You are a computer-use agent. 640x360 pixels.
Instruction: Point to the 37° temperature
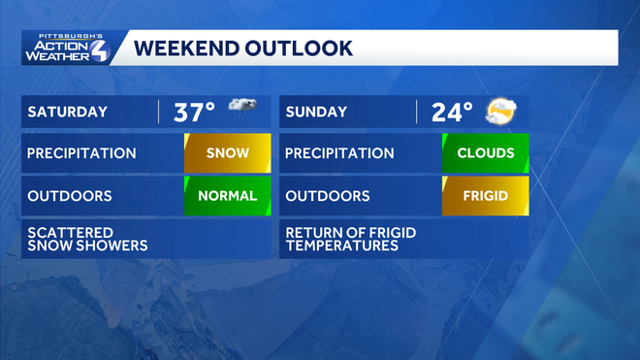pos(194,112)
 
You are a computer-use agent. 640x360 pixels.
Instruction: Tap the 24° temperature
pos(452,112)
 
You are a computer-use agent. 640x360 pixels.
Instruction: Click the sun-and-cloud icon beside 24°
pos(500,111)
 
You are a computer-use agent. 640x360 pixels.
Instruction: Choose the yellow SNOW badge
pos(228,153)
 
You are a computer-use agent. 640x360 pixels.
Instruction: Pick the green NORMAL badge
pos(228,195)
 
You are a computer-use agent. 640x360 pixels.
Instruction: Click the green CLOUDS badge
pos(486,153)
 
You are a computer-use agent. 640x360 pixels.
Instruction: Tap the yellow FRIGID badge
pos(486,195)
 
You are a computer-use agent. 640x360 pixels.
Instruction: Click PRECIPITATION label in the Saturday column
pos(81,153)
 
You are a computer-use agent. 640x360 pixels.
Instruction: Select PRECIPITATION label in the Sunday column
pos(339,153)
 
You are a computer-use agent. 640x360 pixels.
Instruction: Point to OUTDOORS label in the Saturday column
pos(70,195)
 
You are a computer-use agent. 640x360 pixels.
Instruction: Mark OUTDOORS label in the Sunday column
pos(328,195)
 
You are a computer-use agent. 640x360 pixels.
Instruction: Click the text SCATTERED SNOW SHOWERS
pos(87,239)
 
